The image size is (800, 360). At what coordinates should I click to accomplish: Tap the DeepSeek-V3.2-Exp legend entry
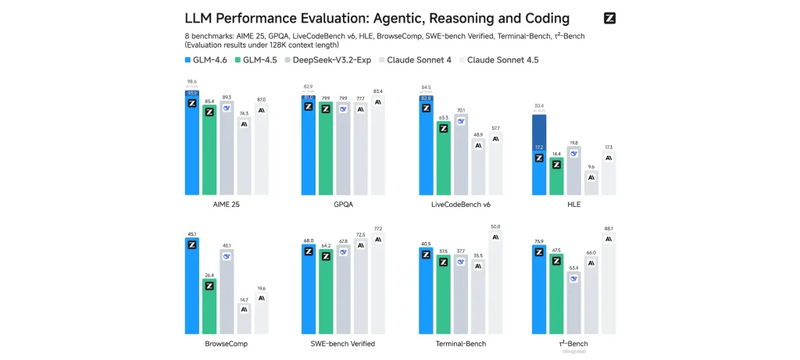point(327,59)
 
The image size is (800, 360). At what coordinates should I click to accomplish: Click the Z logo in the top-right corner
point(610,18)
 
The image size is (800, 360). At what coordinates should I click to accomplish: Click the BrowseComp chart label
point(227,343)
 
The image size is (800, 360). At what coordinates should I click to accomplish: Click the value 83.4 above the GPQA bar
point(378,91)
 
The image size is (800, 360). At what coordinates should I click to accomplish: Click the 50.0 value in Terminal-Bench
point(495,226)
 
